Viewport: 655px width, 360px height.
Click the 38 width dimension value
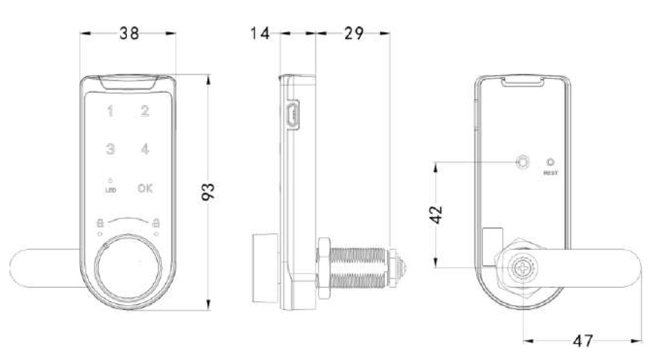click(x=130, y=34)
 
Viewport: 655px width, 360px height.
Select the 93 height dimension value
click(x=209, y=192)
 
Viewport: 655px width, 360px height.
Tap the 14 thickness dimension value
click(x=260, y=34)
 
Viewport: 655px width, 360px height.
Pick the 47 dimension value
click(x=583, y=341)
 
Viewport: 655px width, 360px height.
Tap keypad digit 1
click(x=110, y=112)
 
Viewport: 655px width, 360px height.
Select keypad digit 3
click(x=110, y=149)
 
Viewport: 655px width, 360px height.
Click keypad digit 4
click(x=145, y=149)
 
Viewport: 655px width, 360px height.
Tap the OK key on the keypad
click(x=145, y=188)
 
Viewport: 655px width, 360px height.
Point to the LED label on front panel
click(x=110, y=190)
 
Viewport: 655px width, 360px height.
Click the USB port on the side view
click(x=292, y=115)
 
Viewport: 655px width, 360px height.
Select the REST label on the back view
click(x=550, y=174)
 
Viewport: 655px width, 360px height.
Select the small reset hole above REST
click(x=550, y=162)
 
